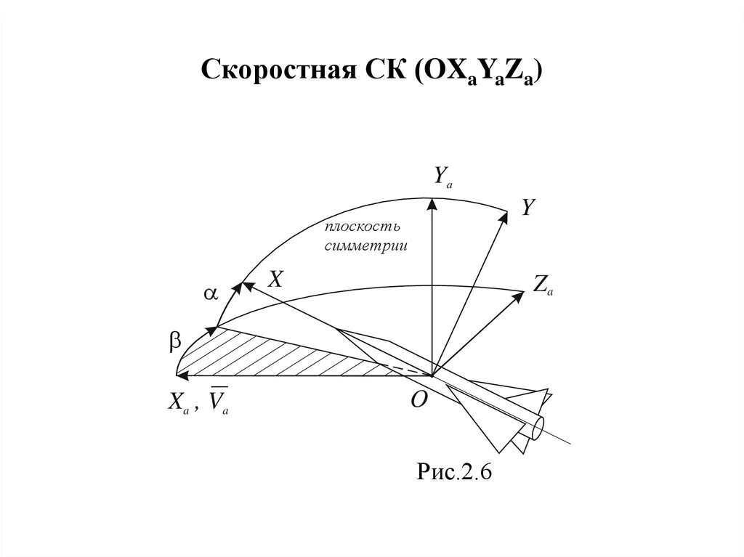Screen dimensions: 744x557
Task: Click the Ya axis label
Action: pos(442,176)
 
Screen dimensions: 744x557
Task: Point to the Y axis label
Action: pos(528,208)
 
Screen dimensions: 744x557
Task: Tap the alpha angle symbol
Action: pos(210,293)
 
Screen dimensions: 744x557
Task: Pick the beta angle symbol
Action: pos(175,343)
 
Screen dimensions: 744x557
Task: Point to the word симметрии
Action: pos(365,246)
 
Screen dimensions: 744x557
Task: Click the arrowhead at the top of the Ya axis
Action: pos(432,206)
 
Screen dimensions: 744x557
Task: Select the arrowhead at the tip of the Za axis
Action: pos(519,294)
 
